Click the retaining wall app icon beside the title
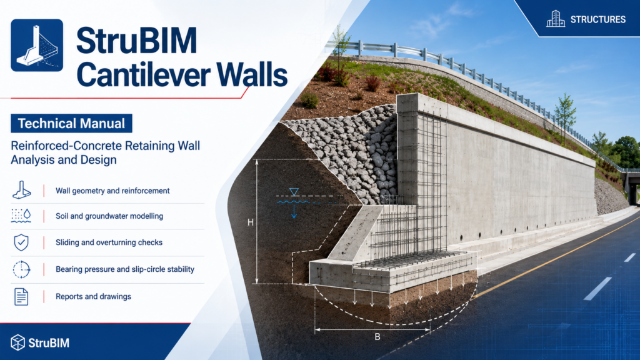pos(37,45)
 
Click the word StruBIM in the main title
pos(137,41)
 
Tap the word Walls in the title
pos(252,75)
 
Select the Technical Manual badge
pos(71,123)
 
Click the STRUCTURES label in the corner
pos(598,19)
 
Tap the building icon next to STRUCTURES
pos(556,19)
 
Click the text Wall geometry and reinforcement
pos(112,191)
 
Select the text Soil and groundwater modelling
pos(109,216)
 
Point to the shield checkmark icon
pos(21,242)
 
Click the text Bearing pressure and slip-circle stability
pos(125,269)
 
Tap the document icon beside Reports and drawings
pos(21,297)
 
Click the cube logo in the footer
pos(17,342)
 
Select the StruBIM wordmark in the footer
pos(49,343)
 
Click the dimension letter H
pos(251,222)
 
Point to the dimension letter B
pos(377,337)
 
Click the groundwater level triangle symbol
pos(294,192)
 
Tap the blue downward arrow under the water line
pos(294,212)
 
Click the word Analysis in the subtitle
pos(33,159)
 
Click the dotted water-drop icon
pos(21,216)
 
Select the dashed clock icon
pos(21,269)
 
